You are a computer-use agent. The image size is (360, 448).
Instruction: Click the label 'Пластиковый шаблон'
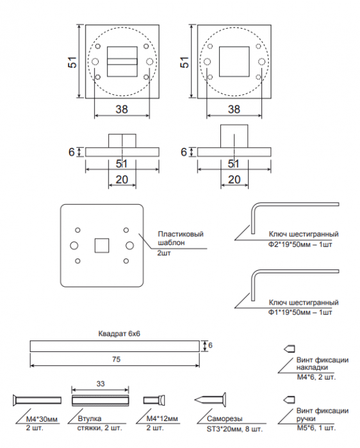pos(181,238)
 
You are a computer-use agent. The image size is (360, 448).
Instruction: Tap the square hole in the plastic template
pos(102,245)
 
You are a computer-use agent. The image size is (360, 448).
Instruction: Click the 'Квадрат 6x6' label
pos(119,333)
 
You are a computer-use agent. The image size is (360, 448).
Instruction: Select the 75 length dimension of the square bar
pos(117,359)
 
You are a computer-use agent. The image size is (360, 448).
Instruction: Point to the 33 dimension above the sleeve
pos(101,384)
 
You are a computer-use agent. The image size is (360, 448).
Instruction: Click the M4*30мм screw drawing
pos(37,400)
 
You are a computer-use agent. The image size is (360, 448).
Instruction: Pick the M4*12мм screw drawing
pos(154,400)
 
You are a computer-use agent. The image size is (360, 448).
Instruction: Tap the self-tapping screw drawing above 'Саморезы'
pos(210,400)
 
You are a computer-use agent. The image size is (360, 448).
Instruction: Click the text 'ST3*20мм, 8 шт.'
pos(234,429)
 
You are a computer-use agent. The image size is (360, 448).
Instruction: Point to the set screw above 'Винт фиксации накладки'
pos(289,349)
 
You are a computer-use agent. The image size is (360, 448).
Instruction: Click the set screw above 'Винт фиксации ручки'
pos(289,400)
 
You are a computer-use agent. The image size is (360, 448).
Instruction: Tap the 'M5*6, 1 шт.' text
pos(316,428)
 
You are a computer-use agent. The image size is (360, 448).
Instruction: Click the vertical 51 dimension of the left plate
pos(72,62)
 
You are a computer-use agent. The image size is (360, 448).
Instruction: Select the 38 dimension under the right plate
pos(234,109)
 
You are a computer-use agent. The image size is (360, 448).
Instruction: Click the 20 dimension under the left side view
pos(122,180)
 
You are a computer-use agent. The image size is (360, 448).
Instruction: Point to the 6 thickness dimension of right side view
pos(184,152)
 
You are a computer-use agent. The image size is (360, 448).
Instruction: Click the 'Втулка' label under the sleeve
pos(90,419)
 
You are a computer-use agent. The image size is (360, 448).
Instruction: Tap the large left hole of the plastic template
pos(74,245)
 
